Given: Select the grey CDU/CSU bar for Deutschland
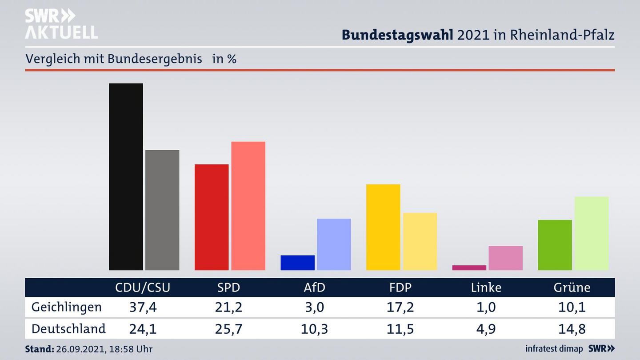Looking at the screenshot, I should [x=162, y=210].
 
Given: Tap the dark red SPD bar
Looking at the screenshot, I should [x=212, y=217].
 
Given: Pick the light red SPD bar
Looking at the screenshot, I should [x=248, y=206].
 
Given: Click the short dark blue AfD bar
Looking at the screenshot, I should [x=297, y=263].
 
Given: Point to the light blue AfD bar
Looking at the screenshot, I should [x=334, y=244].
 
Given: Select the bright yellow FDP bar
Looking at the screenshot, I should [x=383, y=227].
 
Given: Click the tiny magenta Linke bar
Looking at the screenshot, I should [x=469, y=268].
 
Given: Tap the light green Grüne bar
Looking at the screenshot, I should [x=591, y=233].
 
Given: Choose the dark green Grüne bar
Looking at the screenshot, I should [x=555, y=245].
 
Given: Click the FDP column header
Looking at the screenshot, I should [x=400, y=288].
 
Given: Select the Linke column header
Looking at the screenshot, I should [x=486, y=288].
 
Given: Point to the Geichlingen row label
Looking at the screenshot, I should [x=67, y=307].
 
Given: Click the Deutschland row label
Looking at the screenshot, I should [x=68, y=329].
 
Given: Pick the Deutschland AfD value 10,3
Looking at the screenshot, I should [x=314, y=329].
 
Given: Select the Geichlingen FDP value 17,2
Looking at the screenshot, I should [x=400, y=307].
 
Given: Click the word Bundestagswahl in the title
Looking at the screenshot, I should [x=397, y=35].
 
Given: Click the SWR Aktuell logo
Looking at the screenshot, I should [x=61, y=24].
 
